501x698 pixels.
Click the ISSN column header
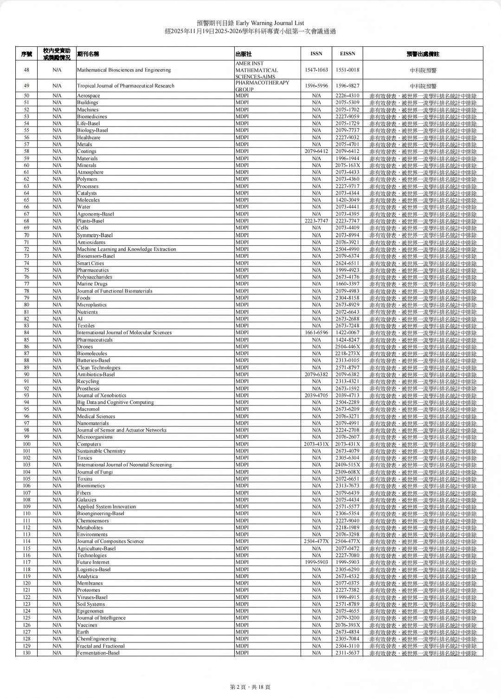click(x=316, y=54)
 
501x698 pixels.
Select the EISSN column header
click(x=347, y=54)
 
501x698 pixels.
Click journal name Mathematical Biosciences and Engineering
click(x=124, y=70)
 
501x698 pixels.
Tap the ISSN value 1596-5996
click(x=316, y=86)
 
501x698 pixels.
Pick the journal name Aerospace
click(x=89, y=96)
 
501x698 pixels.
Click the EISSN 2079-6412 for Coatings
click(x=347, y=152)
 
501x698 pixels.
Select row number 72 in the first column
click(x=26, y=249)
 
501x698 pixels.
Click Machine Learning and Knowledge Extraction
click(x=127, y=249)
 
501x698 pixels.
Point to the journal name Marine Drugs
click(x=92, y=284)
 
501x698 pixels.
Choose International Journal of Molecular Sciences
click(x=124, y=333)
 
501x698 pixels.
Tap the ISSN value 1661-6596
click(x=316, y=333)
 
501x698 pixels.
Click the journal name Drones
click(x=85, y=347)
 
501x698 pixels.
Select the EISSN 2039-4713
click(x=347, y=395)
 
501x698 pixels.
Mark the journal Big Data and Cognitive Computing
click(x=115, y=402)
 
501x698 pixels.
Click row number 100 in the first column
click(x=26, y=444)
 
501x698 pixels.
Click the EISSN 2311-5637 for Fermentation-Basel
click(x=347, y=653)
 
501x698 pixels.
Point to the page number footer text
click(x=250, y=687)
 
